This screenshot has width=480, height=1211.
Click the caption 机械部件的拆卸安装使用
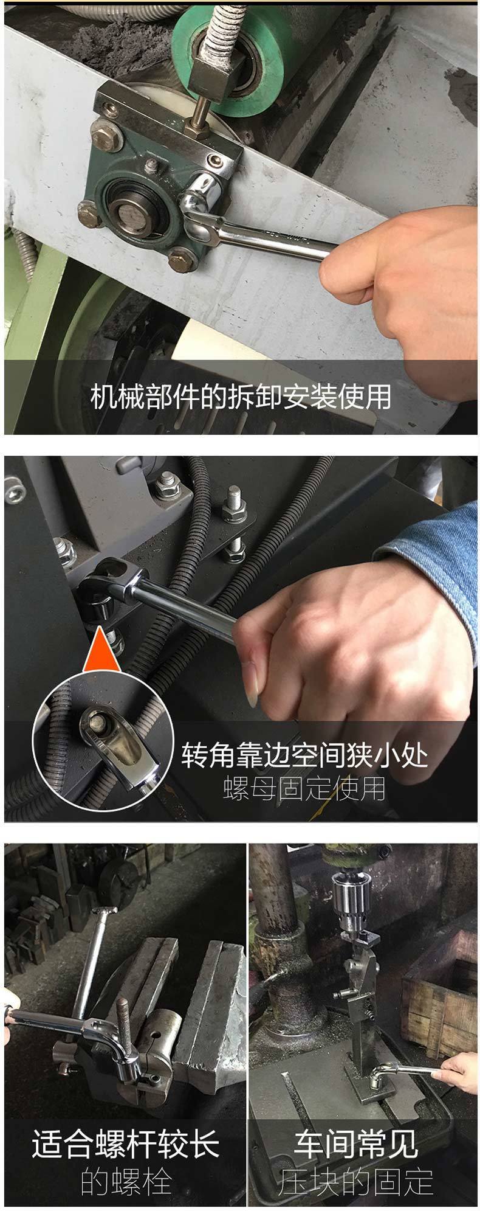point(241,397)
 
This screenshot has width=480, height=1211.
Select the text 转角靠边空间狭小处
point(304,755)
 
